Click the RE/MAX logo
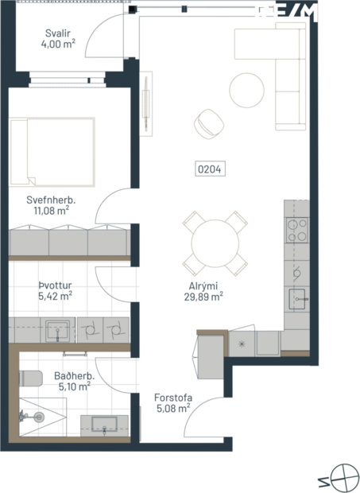[305, 13]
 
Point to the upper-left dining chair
[192, 218]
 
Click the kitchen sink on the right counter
[296, 300]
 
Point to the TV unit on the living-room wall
[146, 103]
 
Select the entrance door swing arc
[208, 413]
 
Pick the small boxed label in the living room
[211, 169]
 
